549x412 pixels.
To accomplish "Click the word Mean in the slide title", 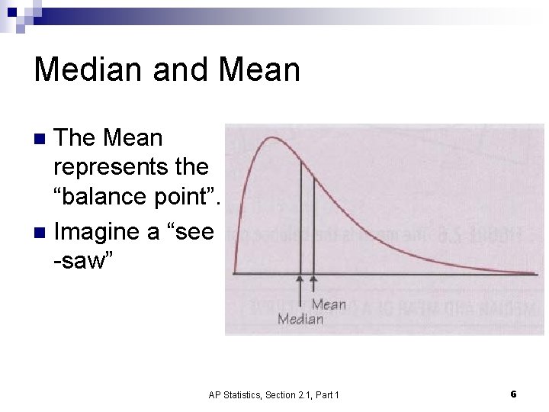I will tap(259, 69).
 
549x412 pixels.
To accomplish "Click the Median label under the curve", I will tap(300, 319).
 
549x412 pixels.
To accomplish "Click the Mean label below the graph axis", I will tap(329, 304).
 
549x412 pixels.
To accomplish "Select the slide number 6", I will tap(513, 394).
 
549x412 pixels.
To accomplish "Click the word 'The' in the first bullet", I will tap(75, 138).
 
